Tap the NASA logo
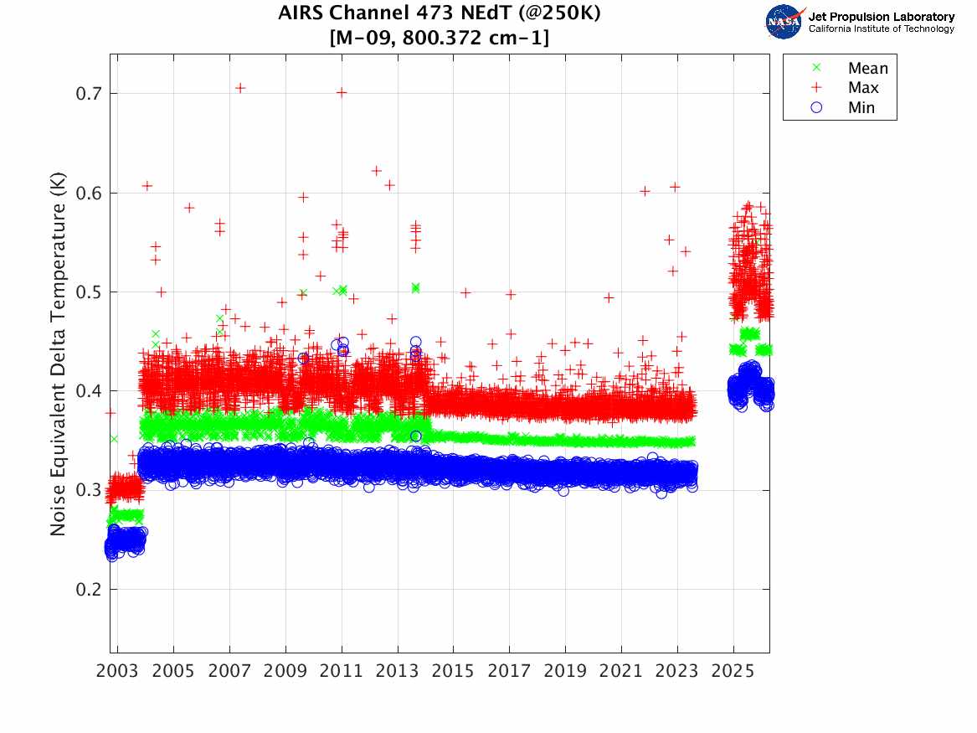click(784, 22)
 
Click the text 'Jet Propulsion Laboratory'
click(881, 17)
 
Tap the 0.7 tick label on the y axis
click(87, 94)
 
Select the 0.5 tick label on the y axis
click(87, 292)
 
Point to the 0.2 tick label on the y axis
click(87, 590)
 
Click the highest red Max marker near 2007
click(240, 88)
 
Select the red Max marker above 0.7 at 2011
click(342, 92)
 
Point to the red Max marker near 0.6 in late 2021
click(645, 191)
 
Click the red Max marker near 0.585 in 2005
click(189, 208)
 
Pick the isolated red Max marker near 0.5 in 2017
click(511, 294)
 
